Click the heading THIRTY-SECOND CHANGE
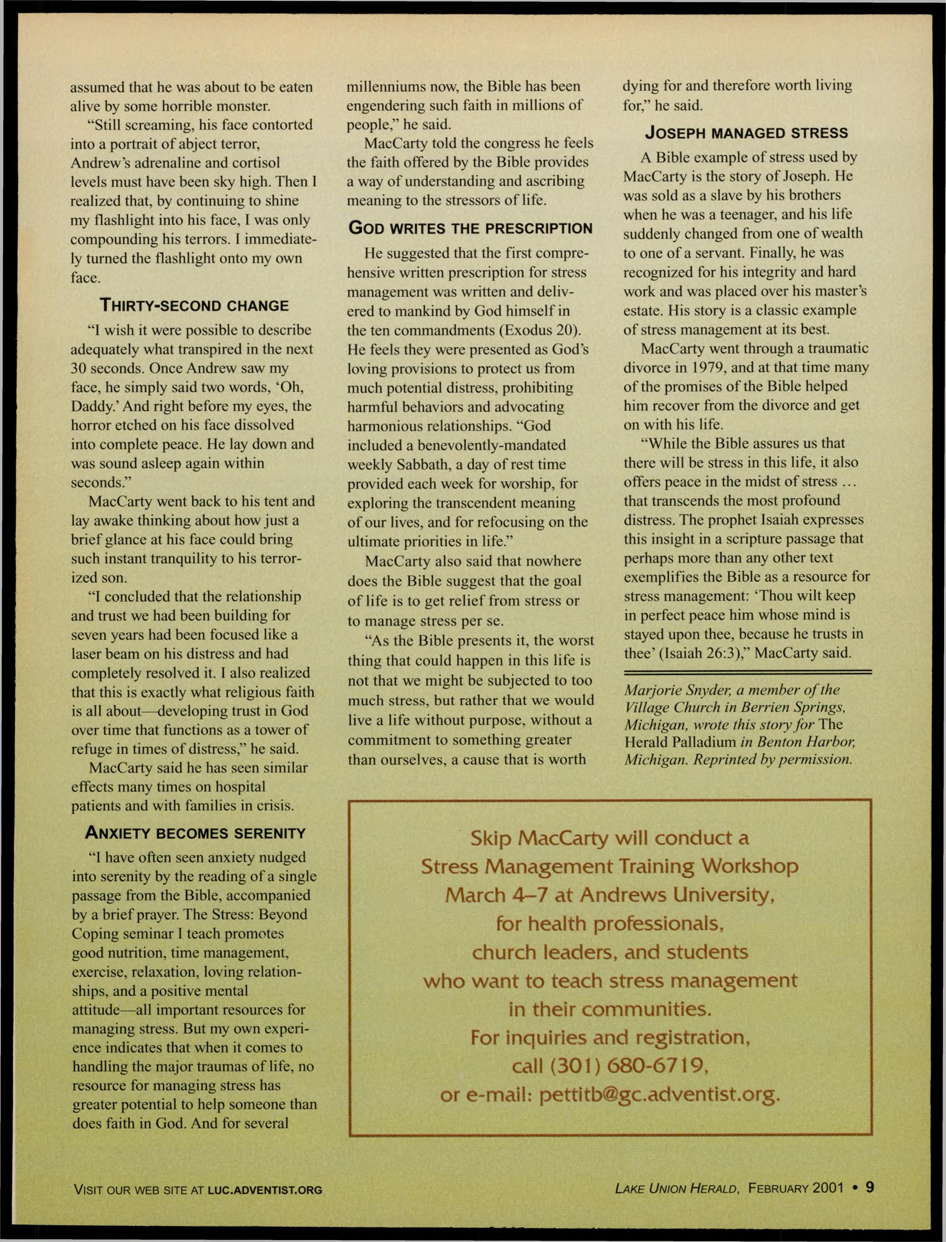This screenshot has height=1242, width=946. [194, 306]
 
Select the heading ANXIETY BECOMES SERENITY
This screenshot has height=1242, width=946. [195, 833]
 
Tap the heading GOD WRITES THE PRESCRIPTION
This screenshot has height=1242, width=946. [470, 229]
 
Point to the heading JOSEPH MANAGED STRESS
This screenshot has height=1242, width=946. [746, 133]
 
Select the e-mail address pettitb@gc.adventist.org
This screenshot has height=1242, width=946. [659, 1095]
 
